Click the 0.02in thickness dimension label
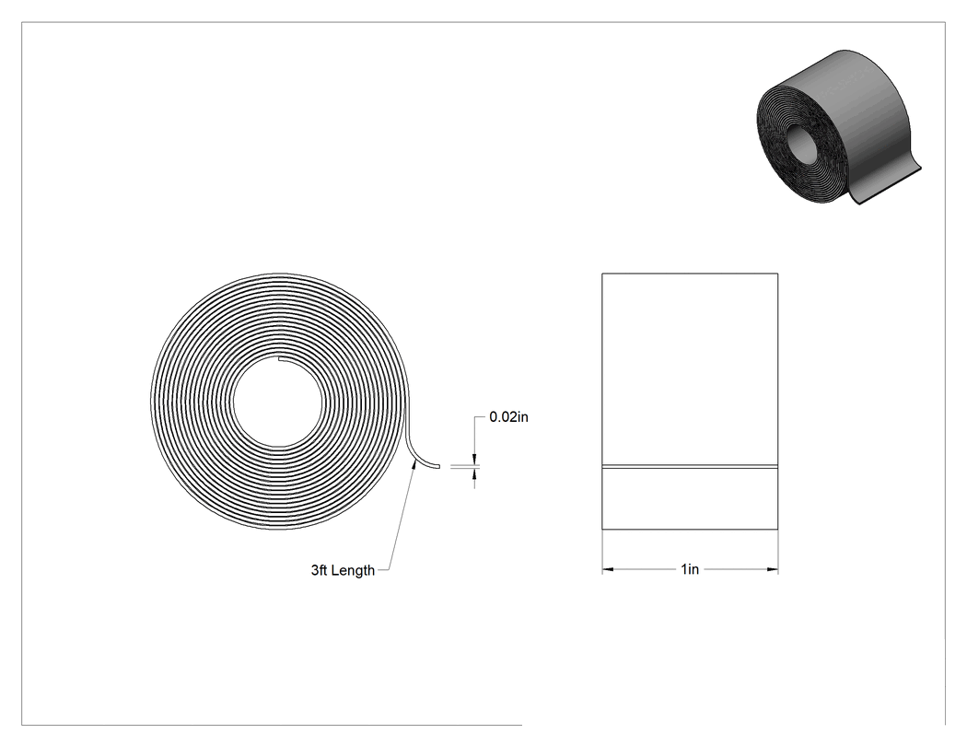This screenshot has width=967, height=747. (x=508, y=417)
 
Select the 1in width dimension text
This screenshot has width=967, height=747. (x=690, y=568)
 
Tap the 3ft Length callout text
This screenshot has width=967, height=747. (x=343, y=570)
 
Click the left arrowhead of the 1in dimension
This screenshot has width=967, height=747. (x=608, y=569)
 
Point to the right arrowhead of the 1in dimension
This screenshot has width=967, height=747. (x=772, y=569)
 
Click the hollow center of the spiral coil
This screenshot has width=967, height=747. (x=277, y=401)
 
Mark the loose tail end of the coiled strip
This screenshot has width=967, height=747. (x=437, y=466)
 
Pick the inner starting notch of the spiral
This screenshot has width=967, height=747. (x=280, y=357)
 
